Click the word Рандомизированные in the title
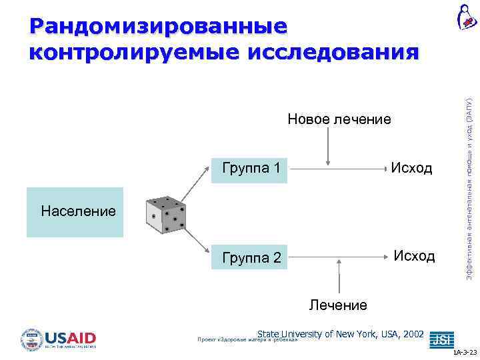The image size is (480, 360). point(159,26)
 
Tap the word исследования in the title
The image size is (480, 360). point(333,53)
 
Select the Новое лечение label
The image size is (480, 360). point(339,119)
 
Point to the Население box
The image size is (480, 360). point(75,213)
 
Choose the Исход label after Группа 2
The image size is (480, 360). point(414,256)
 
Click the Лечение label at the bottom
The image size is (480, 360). point(338,305)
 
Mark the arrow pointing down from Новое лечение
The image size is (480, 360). point(327,147)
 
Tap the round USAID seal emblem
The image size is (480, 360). point(32,339)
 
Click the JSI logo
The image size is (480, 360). point(440,339)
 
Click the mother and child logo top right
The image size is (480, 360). point(465,17)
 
